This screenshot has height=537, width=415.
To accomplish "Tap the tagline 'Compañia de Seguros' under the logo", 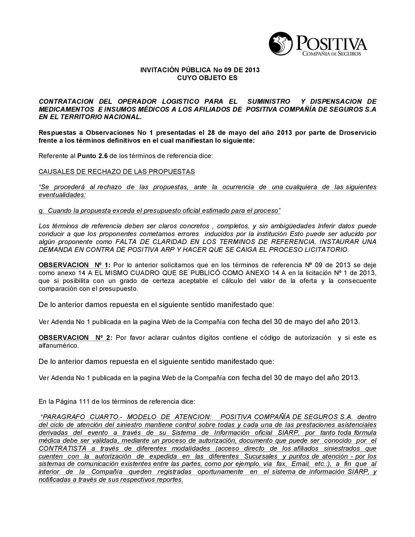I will click(332, 54).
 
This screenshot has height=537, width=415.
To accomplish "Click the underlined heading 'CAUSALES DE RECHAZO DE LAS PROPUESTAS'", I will click(117, 171).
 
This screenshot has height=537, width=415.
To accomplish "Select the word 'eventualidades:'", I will click(62, 195).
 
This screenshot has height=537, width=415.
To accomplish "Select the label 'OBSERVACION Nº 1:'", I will click(74, 265).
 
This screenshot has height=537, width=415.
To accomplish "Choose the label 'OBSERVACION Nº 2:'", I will click(74, 338).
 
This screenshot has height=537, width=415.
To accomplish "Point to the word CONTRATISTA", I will click(63, 449).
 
